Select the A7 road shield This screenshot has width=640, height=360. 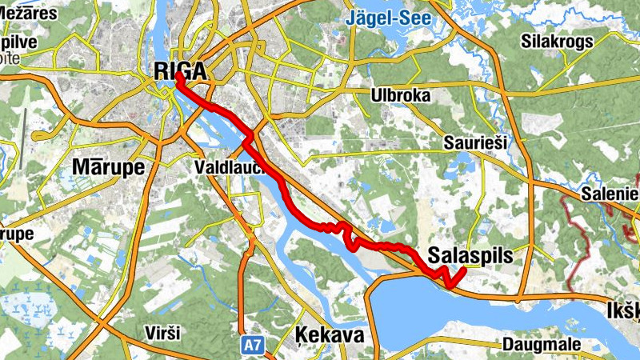point(252,345)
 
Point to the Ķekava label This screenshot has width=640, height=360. point(330,334)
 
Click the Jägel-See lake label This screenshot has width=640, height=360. point(389,17)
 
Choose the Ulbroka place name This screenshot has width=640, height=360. point(401,96)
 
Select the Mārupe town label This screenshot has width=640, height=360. point(108,166)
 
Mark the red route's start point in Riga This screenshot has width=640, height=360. point(178,79)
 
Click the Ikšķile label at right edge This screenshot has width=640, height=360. point(623,309)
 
